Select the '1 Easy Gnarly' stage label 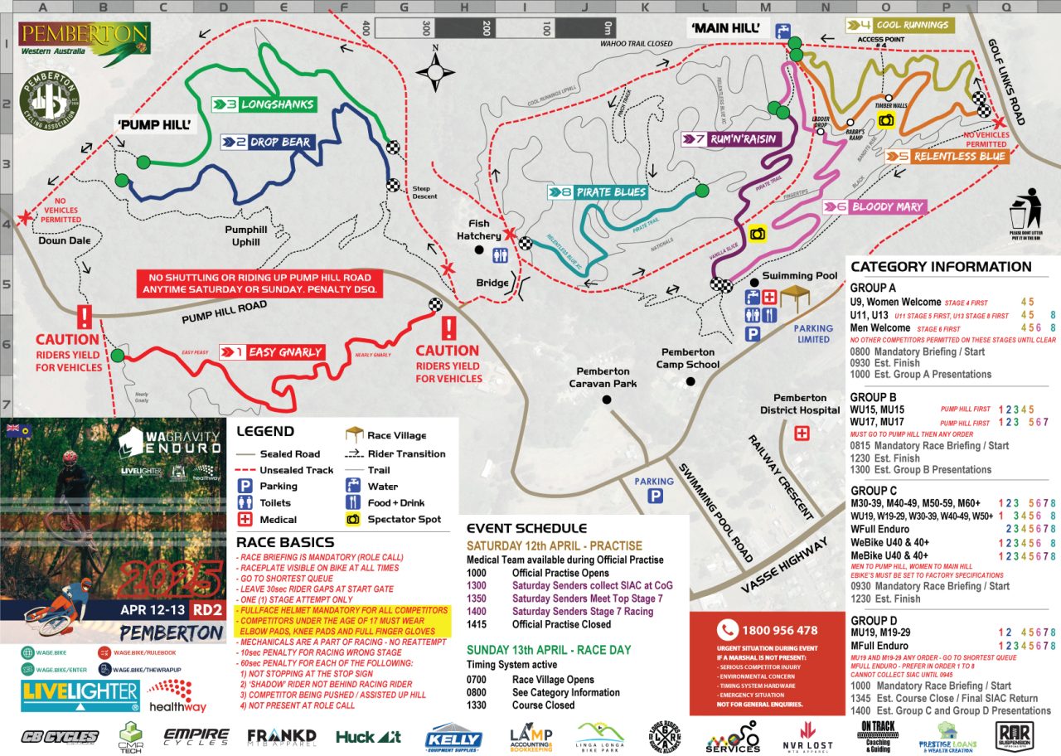click(272, 352)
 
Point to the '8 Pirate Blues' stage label click(598, 192)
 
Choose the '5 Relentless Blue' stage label click(947, 156)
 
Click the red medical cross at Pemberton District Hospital click(802, 434)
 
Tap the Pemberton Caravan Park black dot click(607, 400)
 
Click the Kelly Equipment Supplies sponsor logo click(453, 737)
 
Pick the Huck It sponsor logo click(369, 736)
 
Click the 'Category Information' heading click(941, 267)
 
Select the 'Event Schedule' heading click(526, 528)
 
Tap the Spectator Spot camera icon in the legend click(353, 519)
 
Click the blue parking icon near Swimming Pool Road click(655, 497)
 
